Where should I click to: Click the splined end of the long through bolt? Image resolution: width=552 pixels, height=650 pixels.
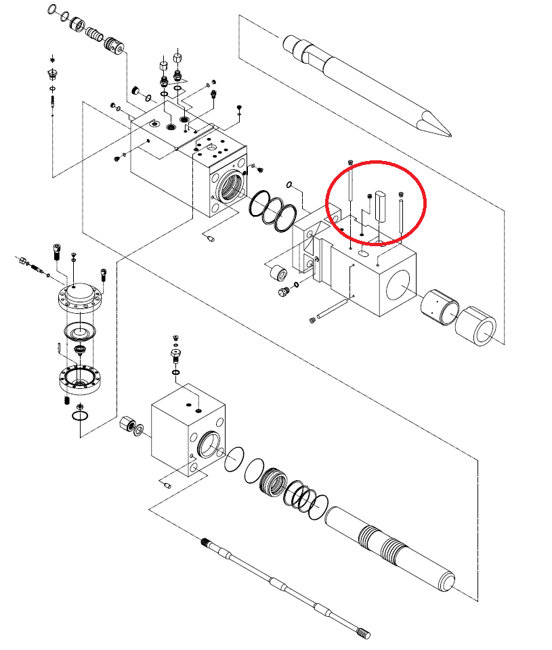[362, 634]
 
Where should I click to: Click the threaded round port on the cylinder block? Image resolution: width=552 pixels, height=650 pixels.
[228, 186]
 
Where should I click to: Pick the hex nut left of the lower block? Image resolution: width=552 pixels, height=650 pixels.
[127, 425]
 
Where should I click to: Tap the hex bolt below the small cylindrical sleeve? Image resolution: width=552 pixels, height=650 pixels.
[283, 292]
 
